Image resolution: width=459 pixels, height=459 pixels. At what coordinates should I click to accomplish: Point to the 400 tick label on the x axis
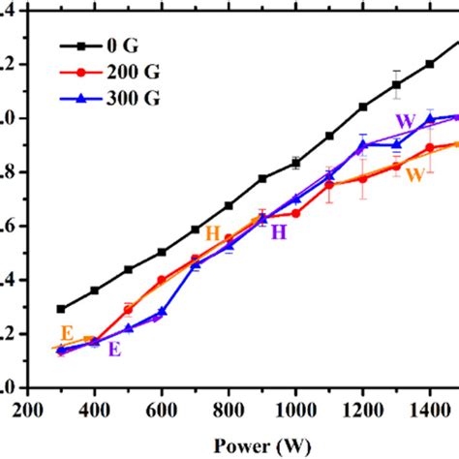click(95, 408)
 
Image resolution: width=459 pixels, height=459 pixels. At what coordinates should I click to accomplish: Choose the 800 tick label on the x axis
click(229, 408)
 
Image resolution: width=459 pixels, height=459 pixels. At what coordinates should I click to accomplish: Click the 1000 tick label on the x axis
click(295, 408)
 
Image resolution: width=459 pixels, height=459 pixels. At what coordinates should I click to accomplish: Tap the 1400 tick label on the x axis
click(429, 408)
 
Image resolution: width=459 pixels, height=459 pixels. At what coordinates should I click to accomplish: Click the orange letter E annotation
click(66, 331)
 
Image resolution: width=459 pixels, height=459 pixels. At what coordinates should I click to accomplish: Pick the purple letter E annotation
click(114, 350)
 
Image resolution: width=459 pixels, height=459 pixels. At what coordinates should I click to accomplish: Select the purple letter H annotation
click(278, 232)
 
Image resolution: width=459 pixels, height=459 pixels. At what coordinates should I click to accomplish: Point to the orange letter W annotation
click(414, 175)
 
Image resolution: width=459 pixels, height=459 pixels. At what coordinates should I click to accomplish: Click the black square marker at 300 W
click(61, 309)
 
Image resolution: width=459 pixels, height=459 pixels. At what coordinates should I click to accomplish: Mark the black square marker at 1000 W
click(295, 163)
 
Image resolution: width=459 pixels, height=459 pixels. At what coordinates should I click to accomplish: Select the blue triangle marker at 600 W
click(162, 311)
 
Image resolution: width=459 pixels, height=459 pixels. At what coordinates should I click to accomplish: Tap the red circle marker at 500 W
click(128, 310)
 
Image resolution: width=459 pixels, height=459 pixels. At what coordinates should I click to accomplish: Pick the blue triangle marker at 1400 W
click(430, 119)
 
